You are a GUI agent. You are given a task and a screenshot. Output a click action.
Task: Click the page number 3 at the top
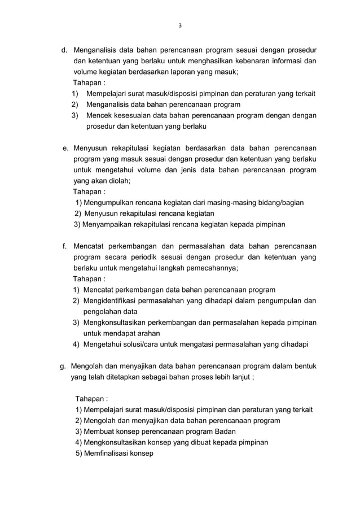pyautogui.click(x=180, y=25)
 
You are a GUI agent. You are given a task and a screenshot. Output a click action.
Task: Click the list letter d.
pyautogui.click(x=64, y=50)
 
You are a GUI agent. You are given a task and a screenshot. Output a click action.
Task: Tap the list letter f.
pyautogui.click(x=65, y=246)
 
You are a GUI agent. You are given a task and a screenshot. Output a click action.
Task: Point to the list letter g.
pyautogui.click(x=63, y=367)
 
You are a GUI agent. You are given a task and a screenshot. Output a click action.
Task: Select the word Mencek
pyautogui.click(x=100, y=116)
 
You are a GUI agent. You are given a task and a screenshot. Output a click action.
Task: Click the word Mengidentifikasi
pyautogui.click(x=114, y=300)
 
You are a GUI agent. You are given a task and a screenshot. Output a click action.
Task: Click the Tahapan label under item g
pyautogui.click(x=91, y=399)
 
